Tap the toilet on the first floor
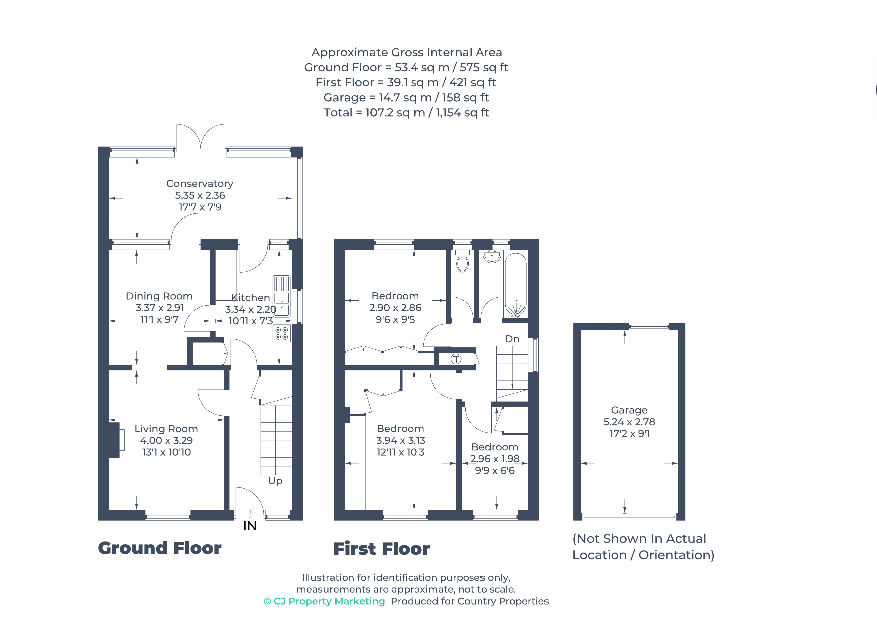463,261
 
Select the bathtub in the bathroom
516,285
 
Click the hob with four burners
282,333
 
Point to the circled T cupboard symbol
456,359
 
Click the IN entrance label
250,526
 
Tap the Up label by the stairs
275,481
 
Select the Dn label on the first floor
512,339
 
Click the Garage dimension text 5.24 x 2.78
629,422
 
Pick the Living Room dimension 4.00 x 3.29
166,440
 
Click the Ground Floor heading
160,548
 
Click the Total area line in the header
406,113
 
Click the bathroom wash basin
492,256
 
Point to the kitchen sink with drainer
282,296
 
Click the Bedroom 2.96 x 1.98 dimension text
495,459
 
